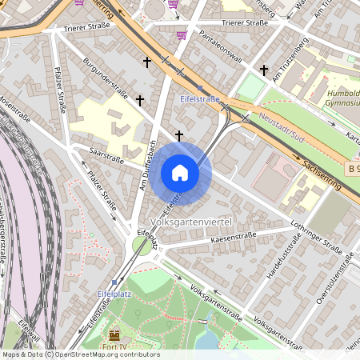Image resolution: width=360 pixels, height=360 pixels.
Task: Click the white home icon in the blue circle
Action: tap(180, 173)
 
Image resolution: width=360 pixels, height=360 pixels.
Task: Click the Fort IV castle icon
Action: tap(114, 335)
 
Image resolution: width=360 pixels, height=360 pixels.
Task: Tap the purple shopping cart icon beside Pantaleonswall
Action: tap(182, 34)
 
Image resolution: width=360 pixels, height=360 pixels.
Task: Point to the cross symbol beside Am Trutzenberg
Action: tap(264, 70)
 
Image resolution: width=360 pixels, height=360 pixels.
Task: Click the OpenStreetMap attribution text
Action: tap(81, 354)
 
